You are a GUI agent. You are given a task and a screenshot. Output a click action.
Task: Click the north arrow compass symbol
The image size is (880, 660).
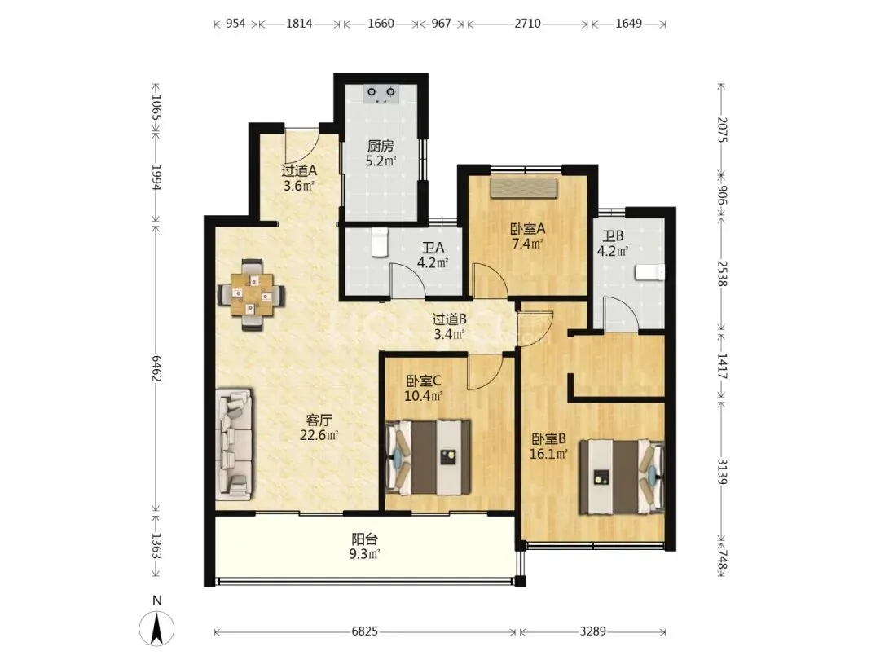(x=157, y=627)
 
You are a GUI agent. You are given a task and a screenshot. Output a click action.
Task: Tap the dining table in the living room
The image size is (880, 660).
(x=251, y=294)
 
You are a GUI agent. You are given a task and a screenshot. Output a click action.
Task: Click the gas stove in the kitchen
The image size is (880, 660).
(x=381, y=94)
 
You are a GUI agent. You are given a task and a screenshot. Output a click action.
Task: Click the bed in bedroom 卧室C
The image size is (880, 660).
(x=427, y=457)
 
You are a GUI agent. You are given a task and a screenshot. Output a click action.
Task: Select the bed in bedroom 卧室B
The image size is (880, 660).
(x=622, y=477)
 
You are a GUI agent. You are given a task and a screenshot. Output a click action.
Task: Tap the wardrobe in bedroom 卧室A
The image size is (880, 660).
(x=524, y=188)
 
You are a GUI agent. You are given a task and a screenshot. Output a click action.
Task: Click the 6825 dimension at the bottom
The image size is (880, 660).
(x=365, y=632)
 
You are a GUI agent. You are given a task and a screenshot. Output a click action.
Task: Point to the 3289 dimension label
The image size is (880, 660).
(x=592, y=632)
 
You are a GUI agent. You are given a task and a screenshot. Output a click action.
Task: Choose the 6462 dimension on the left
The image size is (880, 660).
(x=156, y=368)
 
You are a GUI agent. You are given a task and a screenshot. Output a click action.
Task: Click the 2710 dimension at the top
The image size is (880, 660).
(x=527, y=24)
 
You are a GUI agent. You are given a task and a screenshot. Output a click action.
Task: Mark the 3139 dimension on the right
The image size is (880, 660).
(x=723, y=472)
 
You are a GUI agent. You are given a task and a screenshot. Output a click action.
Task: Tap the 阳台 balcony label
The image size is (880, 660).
(x=365, y=540)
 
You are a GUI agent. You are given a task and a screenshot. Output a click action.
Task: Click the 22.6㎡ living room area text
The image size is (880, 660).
(x=319, y=435)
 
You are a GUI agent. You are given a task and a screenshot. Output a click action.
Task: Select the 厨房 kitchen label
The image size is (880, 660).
(x=381, y=147)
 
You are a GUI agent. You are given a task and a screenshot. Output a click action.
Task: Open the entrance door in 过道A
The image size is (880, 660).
(x=301, y=147)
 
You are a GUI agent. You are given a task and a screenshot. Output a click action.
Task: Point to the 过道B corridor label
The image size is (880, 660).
(x=450, y=319)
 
